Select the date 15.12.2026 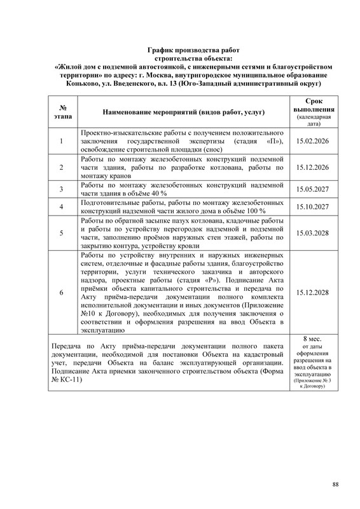312,167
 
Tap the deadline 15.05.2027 312,189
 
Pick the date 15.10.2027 312,207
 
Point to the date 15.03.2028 312,232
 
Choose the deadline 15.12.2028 312,292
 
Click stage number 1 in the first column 61,141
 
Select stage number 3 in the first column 61,189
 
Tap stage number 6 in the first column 61,292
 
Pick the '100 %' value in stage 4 253,211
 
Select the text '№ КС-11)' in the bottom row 66,379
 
